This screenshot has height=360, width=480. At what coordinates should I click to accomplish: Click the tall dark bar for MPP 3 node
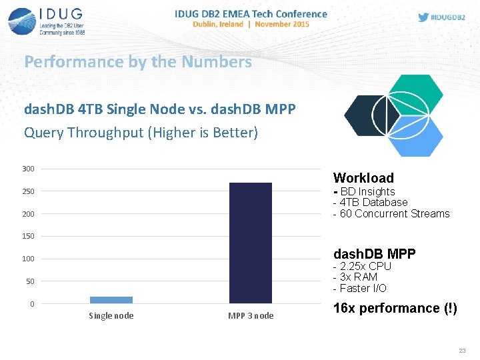tap(250, 243)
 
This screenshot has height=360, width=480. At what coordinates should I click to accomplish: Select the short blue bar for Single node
tap(111, 300)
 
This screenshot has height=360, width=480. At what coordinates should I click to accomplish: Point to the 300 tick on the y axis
tap(28, 169)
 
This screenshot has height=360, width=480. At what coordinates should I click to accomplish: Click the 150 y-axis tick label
tap(28, 237)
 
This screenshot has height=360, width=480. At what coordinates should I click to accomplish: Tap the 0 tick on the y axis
tap(31, 304)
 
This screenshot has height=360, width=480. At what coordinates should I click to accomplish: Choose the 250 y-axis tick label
tap(28, 192)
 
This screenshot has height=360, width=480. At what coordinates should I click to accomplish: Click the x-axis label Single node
tap(111, 316)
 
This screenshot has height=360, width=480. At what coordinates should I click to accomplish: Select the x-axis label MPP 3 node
tap(251, 316)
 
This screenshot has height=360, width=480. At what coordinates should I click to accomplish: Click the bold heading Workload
tap(363, 178)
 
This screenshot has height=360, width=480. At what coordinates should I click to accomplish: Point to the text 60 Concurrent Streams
tap(395, 214)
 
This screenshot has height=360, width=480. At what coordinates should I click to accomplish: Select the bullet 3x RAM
tap(358, 277)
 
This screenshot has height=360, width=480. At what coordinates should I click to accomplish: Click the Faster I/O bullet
tap(363, 289)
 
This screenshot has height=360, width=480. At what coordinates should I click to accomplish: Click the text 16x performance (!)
tap(395, 308)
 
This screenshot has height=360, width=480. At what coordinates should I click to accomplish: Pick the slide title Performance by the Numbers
tap(138, 62)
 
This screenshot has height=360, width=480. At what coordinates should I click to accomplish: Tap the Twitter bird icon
tap(423, 17)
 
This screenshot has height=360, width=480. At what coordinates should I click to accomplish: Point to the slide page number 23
tap(462, 351)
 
